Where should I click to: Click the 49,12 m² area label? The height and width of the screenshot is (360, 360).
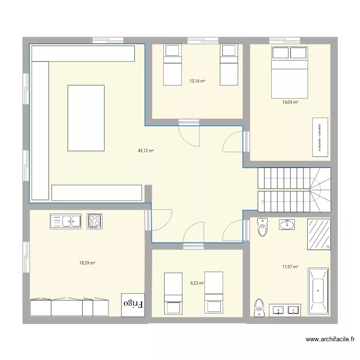pyautogui.click(x=145, y=151)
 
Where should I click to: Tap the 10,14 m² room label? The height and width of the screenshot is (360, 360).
pyautogui.click(x=197, y=81)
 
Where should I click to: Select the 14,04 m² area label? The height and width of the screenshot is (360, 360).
pyautogui.click(x=290, y=102)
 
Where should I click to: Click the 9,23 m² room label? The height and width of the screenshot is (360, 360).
pyautogui.click(x=197, y=283)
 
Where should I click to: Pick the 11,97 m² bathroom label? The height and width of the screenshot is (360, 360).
pyautogui.click(x=290, y=267)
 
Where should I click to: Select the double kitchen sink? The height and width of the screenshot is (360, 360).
pyautogui.click(x=66, y=221)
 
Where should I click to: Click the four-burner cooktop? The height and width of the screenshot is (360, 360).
pyautogui.click(x=95, y=221)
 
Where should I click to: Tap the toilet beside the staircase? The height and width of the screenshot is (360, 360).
pyautogui.click(x=263, y=228)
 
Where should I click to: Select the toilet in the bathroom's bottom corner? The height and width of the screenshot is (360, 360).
pyautogui.click(x=260, y=307)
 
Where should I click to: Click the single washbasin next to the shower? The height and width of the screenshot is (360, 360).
pyautogui.click(x=288, y=224)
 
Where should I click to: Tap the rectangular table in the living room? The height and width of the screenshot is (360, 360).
pyautogui.click(x=86, y=117)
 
